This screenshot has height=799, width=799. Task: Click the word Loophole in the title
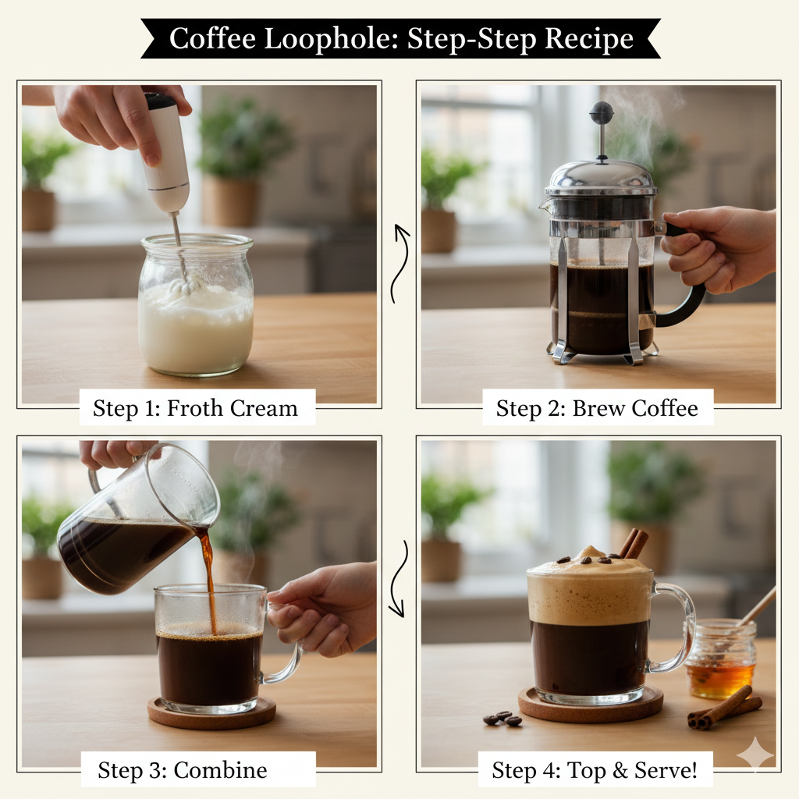point(329,39)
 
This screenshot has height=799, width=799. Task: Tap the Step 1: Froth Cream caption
point(196,408)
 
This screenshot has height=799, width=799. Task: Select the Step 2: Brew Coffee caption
point(597,408)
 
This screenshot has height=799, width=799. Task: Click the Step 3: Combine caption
point(183,770)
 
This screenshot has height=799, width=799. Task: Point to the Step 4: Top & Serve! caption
point(594,770)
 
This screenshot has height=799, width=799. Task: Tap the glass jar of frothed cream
point(196,305)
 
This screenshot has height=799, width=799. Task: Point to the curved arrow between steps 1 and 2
point(400,263)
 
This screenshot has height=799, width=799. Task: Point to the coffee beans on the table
point(502,718)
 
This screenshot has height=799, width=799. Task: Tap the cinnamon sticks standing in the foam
point(634,543)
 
